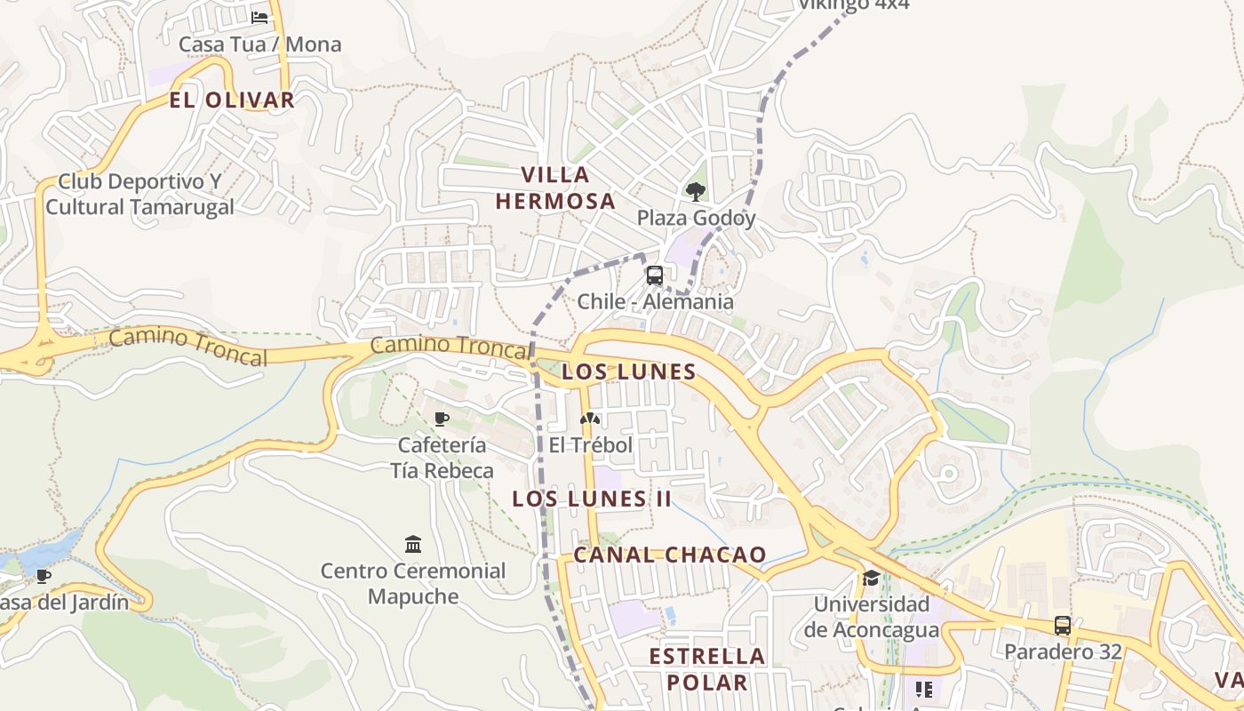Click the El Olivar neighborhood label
tap(231, 100)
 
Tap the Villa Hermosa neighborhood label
tap(555, 188)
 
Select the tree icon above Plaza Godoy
tap(696, 191)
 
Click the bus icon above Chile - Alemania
tap(655, 276)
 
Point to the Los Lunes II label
tap(592, 499)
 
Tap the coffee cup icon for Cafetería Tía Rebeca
tap(442, 419)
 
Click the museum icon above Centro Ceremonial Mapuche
tap(413, 544)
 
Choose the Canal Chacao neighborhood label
tap(670, 555)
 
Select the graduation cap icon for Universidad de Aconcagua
tap(871, 579)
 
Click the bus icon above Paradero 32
tap(1063, 625)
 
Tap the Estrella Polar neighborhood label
tap(707, 669)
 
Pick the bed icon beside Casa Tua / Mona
tap(259, 17)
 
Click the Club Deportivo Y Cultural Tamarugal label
tap(140, 195)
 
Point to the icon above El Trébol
tap(590, 419)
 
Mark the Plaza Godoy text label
tap(696, 218)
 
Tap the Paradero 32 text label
tap(1063, 651)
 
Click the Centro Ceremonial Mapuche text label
tap(413, 583)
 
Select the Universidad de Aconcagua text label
tap(872, 617)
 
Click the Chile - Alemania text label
tap(656, 301)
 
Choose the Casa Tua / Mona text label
tap(259, 44)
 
